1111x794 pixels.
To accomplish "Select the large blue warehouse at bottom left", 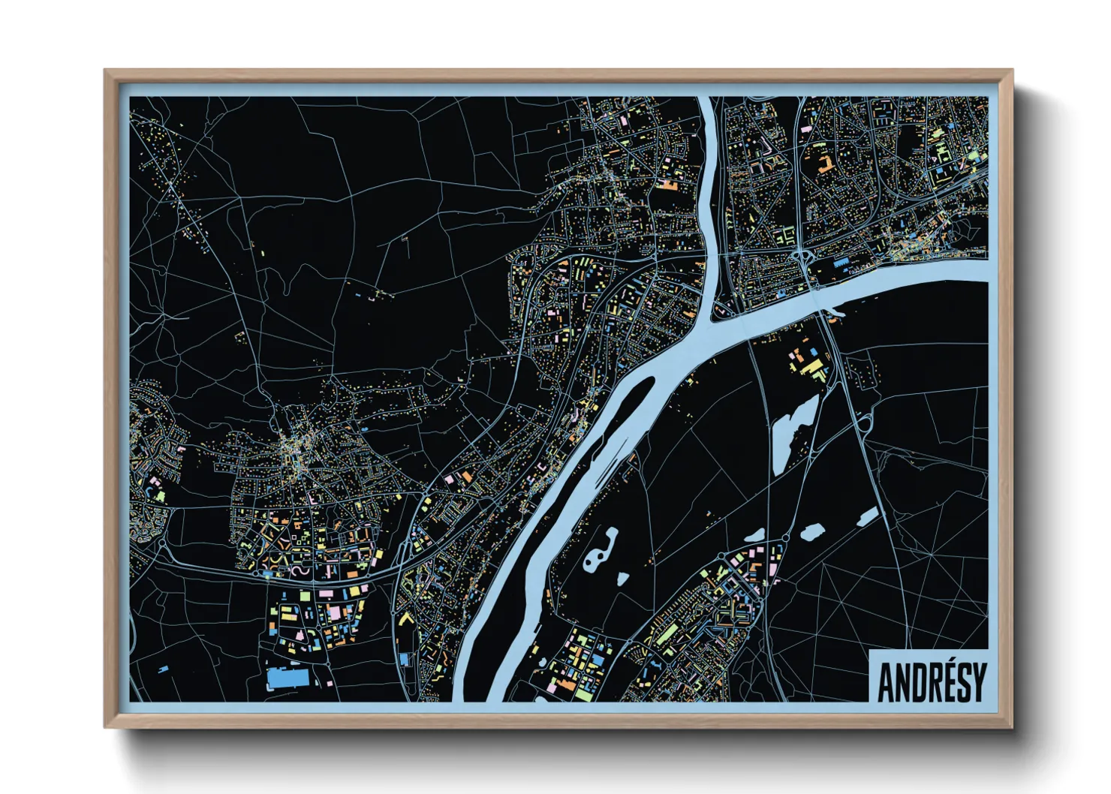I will pos(288,678).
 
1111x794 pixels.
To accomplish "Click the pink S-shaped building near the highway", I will pos(297,571).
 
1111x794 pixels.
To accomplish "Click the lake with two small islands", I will pos(601,552).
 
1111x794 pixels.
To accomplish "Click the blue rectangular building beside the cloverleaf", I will pos(840,262).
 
